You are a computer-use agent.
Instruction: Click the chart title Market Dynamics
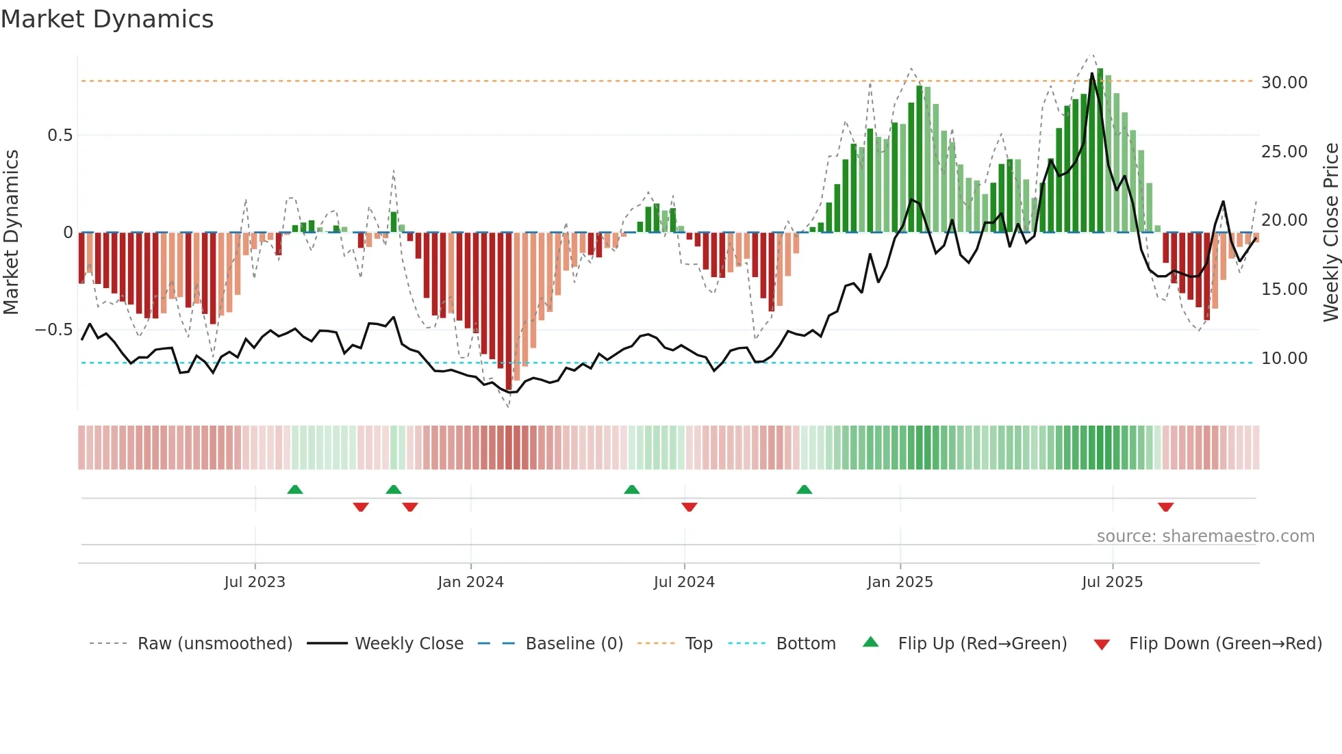pyautogui.click(x=107, y=19)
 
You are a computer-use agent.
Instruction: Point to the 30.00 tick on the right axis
pyautogui.click(x=1284, y=83)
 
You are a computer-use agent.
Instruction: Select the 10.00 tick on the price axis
pyautogui.click(x=1284, y=359)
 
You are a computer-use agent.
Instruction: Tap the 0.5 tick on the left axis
pyautogui.click(x=60, y=135)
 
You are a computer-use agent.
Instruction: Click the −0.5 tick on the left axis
pyautogui.click(x=54, y=330)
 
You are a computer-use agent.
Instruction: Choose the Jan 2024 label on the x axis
pyautogui.click(x=470, y=582)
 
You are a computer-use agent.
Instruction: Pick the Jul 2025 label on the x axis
pyautogui.click(x=1112, y=582)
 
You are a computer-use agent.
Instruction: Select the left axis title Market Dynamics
pyautogui.click(x=11, y=233)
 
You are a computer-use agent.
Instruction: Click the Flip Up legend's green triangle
pyautogui.click(x=870, y=642)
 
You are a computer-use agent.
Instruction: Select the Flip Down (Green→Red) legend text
pyautogui.click(x=1225, y=644)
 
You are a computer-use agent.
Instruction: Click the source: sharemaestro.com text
pyautogui.click(x=1205, y=536)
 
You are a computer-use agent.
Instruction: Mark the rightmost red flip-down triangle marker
pyautogui.click(x=1165, y=507)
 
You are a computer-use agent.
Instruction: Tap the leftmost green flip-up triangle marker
pyautogui.click(x=295, y=489)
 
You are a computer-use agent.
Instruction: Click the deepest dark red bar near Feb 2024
pyautogui.click(x=509, y=311)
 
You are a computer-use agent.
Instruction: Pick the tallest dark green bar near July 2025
pyautogui.click(x=1100, y=151)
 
